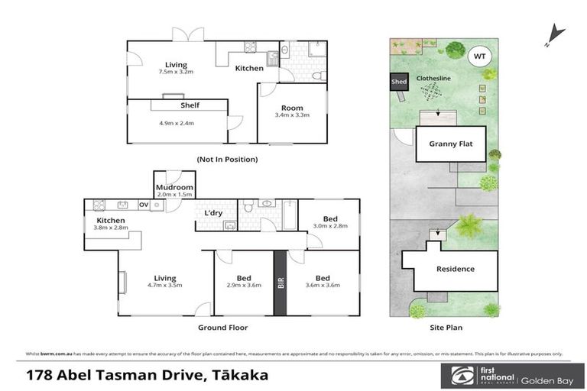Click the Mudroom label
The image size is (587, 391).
click(x=174, y=186)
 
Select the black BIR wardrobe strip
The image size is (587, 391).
click(x=281, y=283)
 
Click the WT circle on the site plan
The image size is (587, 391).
click(x=480, y=56)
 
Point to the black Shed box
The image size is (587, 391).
click(x=399, y=81)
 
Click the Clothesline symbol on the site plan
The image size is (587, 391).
click(x=433, y=91)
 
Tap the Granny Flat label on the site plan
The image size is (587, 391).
click(x=451, y=144)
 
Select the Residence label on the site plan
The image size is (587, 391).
click(x=455, y=269)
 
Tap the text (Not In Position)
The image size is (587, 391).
click(x=227, y=160)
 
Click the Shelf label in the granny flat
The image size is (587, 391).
click(x=190, y=106)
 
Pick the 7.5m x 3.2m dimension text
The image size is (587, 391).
click(x=177, y=73)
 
